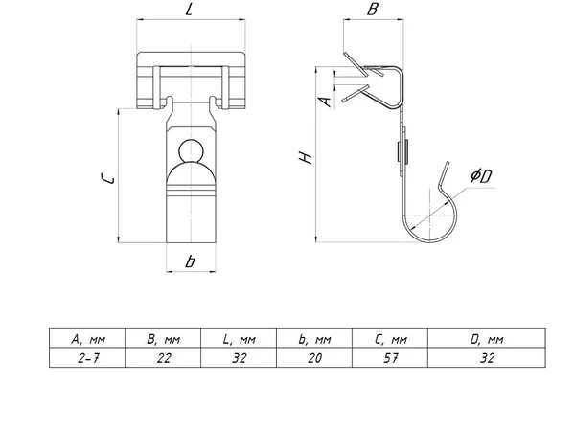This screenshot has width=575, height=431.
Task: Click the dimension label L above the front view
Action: pyautogui.click(x=189, y=9)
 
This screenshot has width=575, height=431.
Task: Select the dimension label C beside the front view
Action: pyautogui.click(x=107, y=178)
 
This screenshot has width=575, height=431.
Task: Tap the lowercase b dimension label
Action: pyautogui.click(x=190, y=261)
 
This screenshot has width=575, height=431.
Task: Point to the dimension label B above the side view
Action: pyautogui.click(x=372, y=9)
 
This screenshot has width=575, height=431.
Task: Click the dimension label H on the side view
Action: pyautogui.click(x=305, y=157)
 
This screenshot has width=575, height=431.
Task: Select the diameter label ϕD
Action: pyautogui.click(x=481, y=176)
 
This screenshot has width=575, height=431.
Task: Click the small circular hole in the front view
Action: pyautogui.click(x=191, y=150)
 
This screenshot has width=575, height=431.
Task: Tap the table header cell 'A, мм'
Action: pyautogui.click(x=88, y=339)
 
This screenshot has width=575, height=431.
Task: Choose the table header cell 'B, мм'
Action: pyautogui.click(x=163, y=339)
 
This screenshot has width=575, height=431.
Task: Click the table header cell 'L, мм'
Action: pyautogui.click(x=239, y=339)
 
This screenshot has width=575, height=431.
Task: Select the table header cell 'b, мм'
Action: pyautogui.click(x=314, y=339)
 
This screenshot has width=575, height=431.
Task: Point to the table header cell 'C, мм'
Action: pyautogui.click(x=391, y=339)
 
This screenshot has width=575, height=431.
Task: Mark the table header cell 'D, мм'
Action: pyautogui.click(x=487, y=339)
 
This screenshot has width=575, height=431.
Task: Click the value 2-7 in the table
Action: pyautogui.click(x=88, y=357)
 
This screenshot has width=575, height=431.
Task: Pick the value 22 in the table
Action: pyautogui.click(x=164, y=357)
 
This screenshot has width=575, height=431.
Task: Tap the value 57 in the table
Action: pyautogui.click(x=391, y=357)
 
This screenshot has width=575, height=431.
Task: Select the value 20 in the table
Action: pyautogui.click(x=314, y=357)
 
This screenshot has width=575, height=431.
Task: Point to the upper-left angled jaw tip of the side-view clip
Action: pyautogui.click(x=345, y=54)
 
